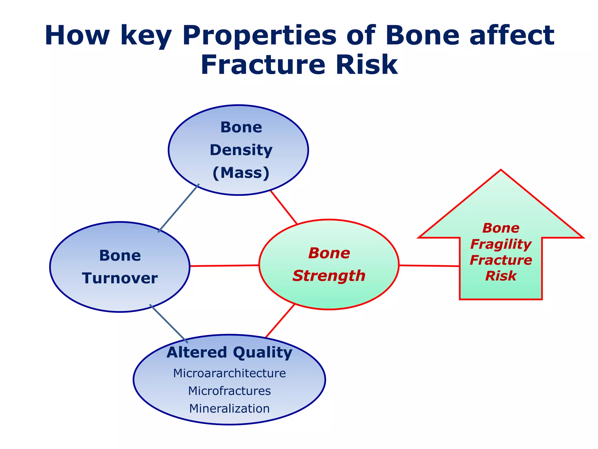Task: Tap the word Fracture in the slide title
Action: (263, 65)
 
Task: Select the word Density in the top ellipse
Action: (241, 150)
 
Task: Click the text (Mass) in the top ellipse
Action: (241, 173)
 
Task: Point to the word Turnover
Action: (120, 278)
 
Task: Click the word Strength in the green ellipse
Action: (329, 276)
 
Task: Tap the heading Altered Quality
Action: (230, 353)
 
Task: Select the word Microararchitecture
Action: (230, 373)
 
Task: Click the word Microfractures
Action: (230, 391)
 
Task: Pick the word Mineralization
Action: (230, 408)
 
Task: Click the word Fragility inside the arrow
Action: (501, 244)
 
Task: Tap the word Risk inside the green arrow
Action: (501, 276)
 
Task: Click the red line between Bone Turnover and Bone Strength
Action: (225, 266)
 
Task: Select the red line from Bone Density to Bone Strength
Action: (284, 207)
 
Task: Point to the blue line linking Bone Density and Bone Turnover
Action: (179, 208)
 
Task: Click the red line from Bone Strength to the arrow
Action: (429, 266)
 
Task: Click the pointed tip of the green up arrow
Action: (501, 170)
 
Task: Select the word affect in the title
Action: (512, 35)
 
